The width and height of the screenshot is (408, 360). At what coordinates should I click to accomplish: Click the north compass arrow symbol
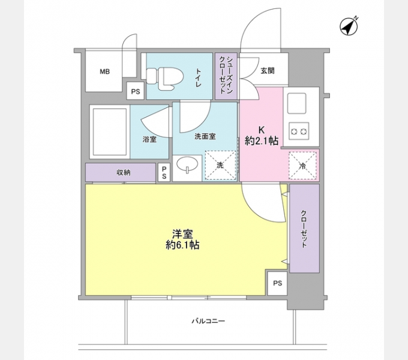coord(347,26)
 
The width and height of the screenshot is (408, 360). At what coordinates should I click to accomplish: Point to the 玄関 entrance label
coord(268,71)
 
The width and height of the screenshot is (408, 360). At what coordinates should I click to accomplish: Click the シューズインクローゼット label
coord(226,74)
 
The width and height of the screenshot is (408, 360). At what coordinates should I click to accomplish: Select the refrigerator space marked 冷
coord(302,166)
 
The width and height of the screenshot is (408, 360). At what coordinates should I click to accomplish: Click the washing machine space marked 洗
coord(220,165)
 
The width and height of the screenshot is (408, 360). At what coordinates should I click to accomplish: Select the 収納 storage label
coord(124,173)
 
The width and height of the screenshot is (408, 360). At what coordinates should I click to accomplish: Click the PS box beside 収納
coord(164,173)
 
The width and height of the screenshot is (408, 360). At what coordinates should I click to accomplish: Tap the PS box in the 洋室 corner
coord(277,283)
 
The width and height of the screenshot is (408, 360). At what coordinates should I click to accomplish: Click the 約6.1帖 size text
coord(184,245)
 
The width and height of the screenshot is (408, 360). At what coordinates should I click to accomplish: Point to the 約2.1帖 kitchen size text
coord(262,142)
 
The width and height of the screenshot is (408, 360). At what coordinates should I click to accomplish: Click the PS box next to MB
coord(136,92)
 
